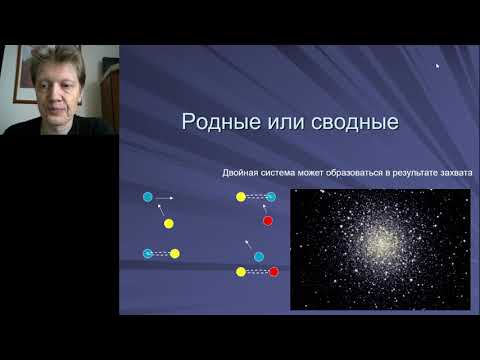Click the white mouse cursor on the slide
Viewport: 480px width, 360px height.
[437, 67]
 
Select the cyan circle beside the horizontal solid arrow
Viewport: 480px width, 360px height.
[148, 198]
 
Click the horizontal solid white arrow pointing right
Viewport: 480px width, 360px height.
[165, 198]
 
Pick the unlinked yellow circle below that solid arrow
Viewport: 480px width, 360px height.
[169, 223]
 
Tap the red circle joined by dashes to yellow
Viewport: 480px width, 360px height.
[273, 271]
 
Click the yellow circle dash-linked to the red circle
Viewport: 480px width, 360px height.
[241, 271]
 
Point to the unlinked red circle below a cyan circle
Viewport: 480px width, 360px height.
[267, 220]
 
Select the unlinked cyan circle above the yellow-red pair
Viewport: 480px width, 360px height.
[258, 257]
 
